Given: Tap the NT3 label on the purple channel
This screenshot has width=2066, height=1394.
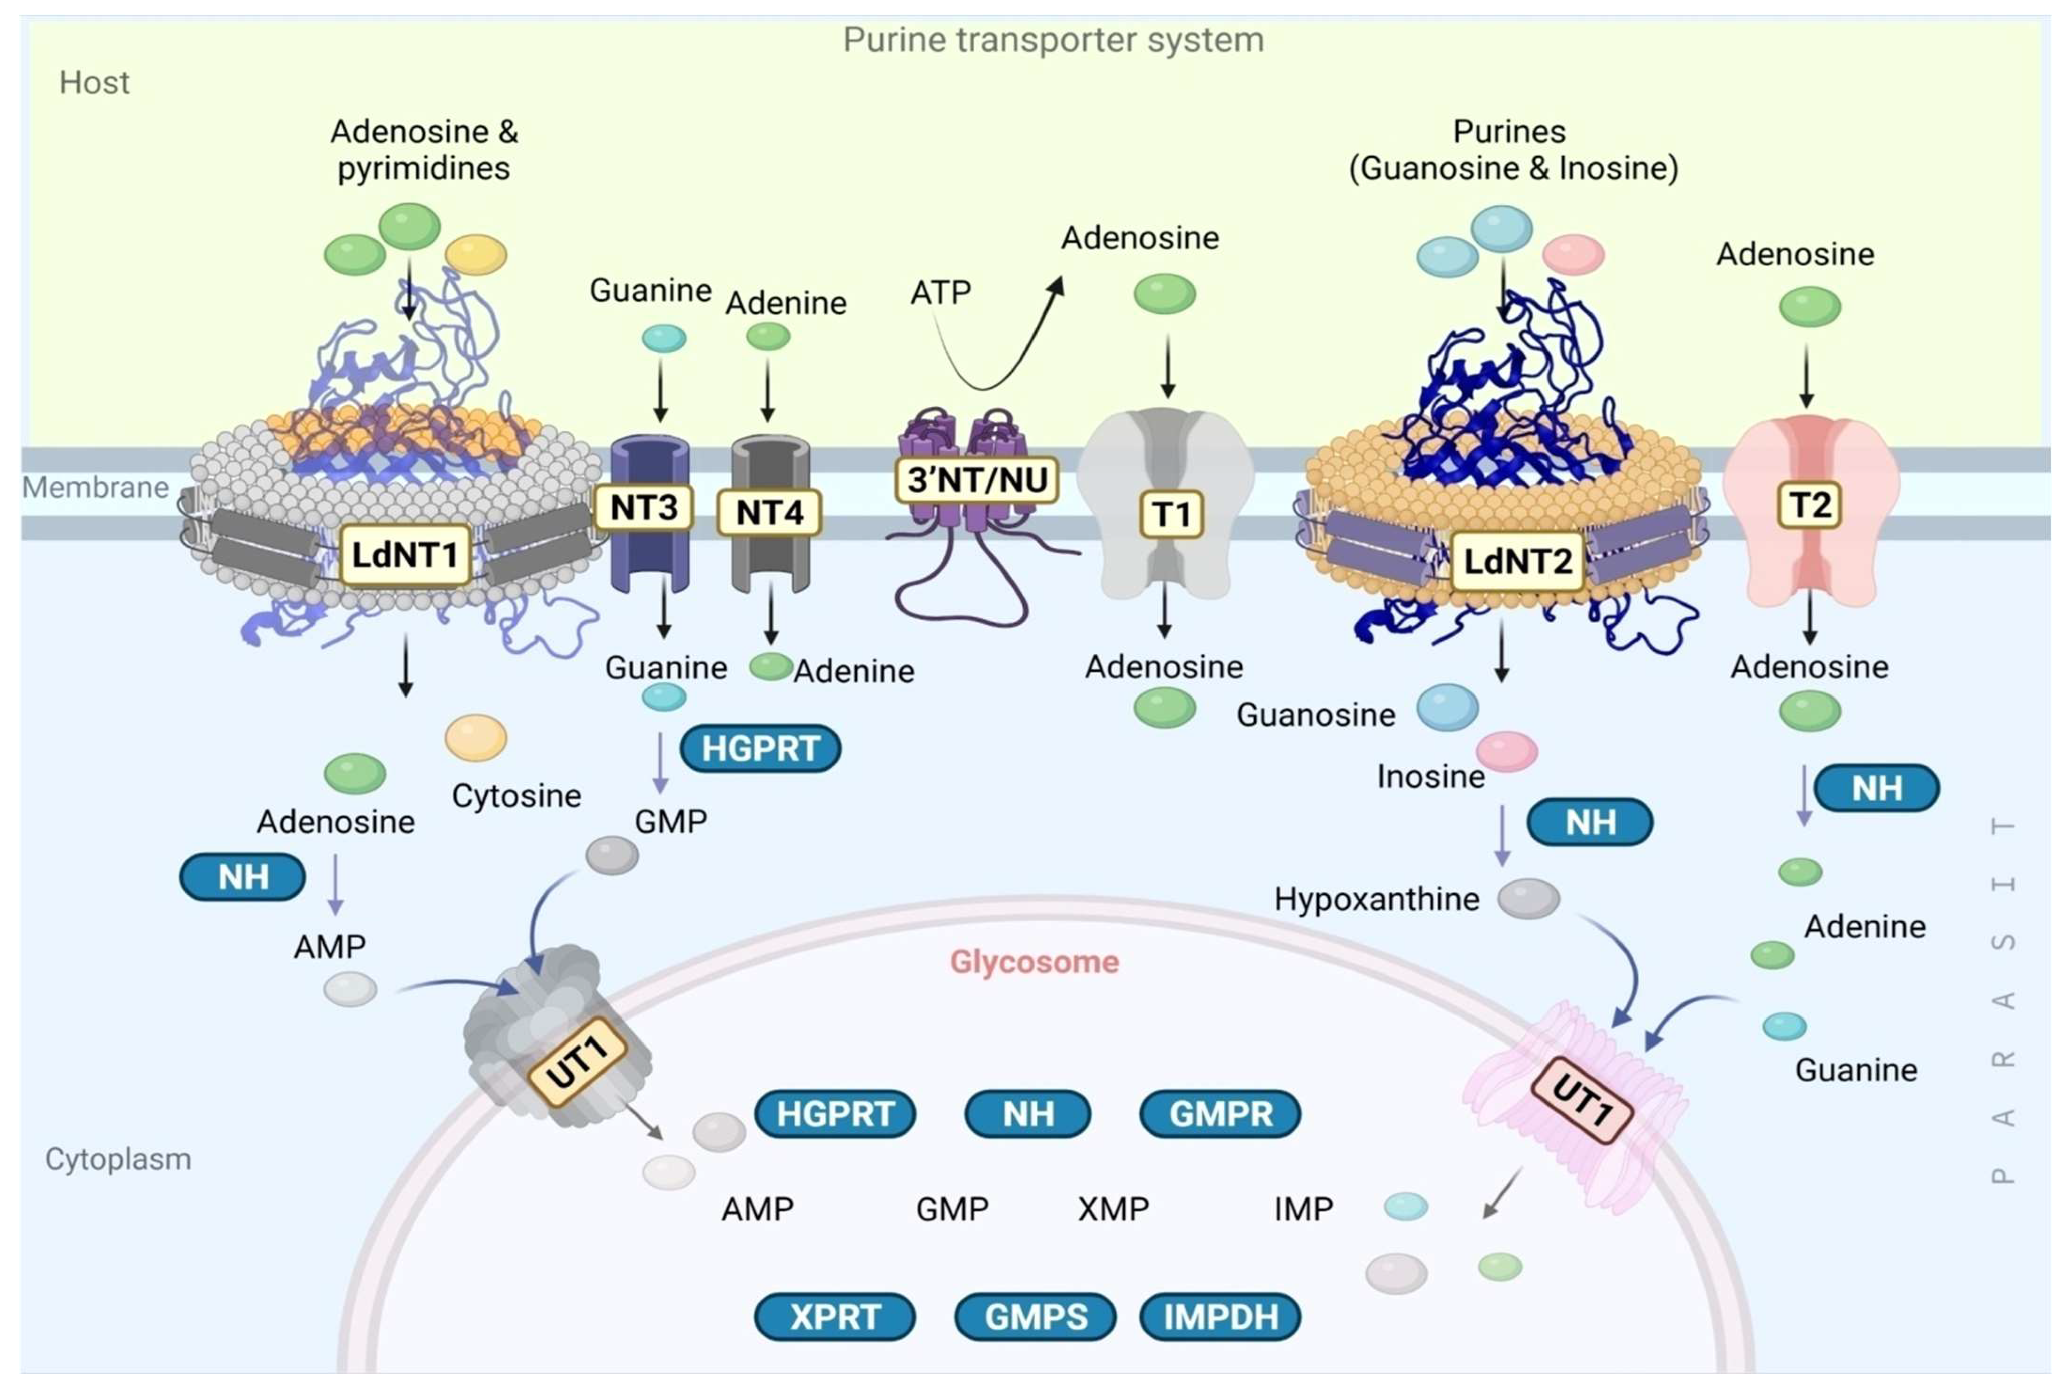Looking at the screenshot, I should tap(643, 508).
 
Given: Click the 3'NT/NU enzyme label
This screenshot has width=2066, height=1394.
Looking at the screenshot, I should tap(976, 480).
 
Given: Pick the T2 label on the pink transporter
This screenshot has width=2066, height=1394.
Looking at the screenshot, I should tap(1809, 505).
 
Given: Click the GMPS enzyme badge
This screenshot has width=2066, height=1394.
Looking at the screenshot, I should tap(1035, 1317).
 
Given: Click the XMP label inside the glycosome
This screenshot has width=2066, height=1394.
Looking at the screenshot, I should tap(1113, 1209).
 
